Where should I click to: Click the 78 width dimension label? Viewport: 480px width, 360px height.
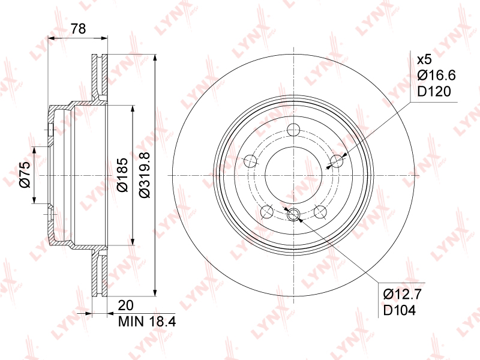[x=79, y=28]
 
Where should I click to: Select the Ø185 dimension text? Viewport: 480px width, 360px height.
[x=122, y=175]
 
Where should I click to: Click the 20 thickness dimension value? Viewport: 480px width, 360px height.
[x=125, y=305]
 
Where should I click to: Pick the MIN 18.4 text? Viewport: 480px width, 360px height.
[x=147, y=322]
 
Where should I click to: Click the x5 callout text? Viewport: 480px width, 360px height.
[x=424, y=59]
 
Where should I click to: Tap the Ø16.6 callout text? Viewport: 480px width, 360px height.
[x=437, y=75]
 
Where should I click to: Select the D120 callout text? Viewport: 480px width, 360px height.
[x=434, y=91]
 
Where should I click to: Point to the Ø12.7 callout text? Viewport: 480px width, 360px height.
[x=403, y=294]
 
